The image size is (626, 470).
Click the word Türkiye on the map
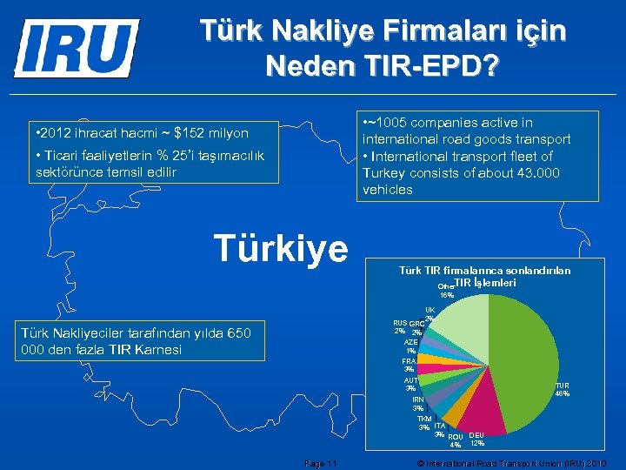pos(281,247)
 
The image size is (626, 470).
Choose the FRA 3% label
pos(409,365)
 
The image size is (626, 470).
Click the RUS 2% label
pos(400,326)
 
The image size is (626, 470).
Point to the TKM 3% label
pos(424,423)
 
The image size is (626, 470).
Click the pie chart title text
pos(484,277)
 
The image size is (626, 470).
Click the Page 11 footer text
pos(322,462)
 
